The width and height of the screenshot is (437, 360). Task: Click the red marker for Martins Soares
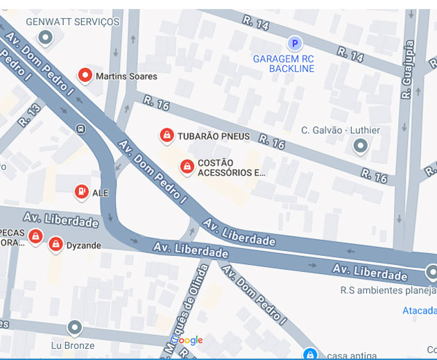pos(85,75)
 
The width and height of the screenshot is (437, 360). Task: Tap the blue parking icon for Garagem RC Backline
pos(295,44)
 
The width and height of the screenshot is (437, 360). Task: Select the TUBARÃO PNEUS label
pos(214,137)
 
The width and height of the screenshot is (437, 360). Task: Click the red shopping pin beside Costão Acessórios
pos(187,166)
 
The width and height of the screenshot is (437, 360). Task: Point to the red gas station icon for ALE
pos(81,191)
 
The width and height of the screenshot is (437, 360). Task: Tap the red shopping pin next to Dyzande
pos(55,243)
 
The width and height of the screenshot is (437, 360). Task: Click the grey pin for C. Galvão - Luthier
pos(360,146)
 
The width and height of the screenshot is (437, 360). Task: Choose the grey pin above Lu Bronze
pos(74,327)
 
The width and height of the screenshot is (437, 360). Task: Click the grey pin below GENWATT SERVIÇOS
pos(46,37)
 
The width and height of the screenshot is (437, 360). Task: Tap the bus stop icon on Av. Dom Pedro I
pos(81,128)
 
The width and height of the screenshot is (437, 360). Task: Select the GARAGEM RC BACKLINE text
pos(283,64)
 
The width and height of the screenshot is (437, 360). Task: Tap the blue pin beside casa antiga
pos(311,354)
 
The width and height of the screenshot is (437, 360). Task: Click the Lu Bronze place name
pos(71,345)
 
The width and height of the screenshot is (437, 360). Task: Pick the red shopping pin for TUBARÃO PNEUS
pos(166,135)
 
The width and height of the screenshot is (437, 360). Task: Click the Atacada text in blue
pos(420,310)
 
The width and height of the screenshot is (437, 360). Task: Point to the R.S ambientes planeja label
pos(388,291)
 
